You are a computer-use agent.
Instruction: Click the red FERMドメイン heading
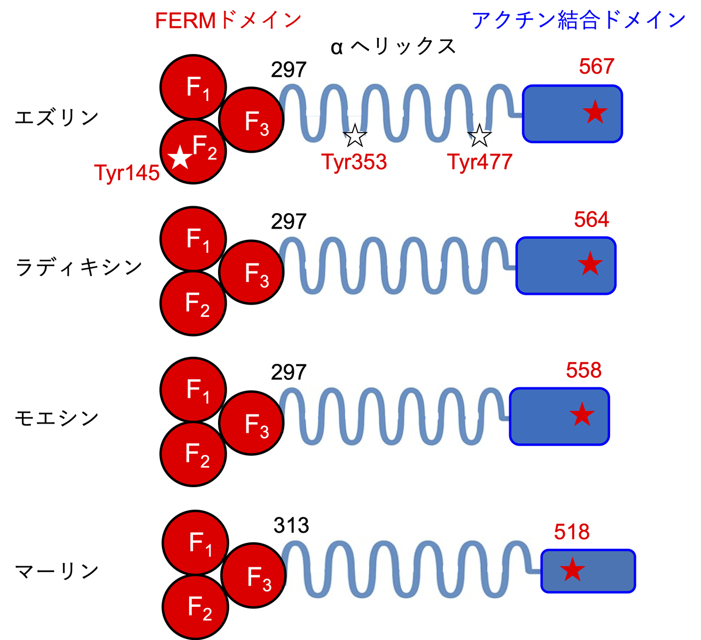pos(228,21)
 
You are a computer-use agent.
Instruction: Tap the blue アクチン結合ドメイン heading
pos(579,20)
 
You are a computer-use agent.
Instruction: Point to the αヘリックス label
pos(393,47)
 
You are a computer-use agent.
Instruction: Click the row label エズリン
pos(57,117)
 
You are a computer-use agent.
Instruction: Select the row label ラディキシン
pos(79,267)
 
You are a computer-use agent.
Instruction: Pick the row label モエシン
pos(57,417)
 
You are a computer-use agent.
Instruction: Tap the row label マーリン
pos(57,571)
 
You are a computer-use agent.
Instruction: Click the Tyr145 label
pos(127,173)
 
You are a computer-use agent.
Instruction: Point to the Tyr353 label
pos(354,161)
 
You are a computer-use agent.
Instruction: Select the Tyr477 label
pos(480,161)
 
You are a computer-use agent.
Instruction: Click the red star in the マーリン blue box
pos(572,570)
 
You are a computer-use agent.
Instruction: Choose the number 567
pos(597,67)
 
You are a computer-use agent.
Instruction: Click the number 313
pos(291,526)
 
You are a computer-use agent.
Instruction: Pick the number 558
pos(583,370)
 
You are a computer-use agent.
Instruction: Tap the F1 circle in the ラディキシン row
pos(194,238)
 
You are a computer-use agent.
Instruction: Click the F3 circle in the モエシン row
pos(251,423)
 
